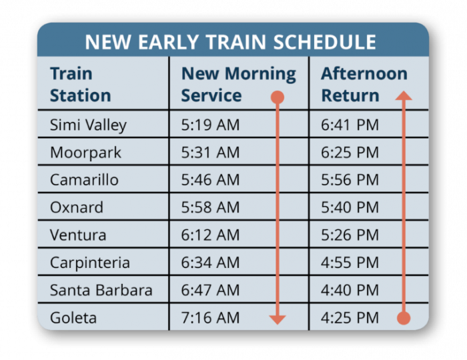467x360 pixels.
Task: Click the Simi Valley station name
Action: point(88,125)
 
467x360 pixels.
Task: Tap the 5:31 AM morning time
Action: point(210,152)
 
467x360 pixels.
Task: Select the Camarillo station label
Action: point(84,180)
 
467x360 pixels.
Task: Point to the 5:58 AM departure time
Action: point(210,207)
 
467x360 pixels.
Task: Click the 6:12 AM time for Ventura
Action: point(210,235)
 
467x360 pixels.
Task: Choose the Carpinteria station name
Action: point(90,263)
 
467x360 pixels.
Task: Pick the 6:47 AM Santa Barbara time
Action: point(210,290)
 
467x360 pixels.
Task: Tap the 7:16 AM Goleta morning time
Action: point(210,318)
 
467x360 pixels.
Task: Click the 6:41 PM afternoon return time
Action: point(350,125)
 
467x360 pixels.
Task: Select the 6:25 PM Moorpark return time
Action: point(350,152)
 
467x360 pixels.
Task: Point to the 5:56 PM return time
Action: point(350,180)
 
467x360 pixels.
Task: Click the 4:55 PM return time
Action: point(350,263)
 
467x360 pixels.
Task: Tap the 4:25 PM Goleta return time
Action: point(350,318)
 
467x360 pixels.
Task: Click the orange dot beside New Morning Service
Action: point(278,97)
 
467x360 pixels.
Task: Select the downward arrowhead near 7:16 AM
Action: point(278,320)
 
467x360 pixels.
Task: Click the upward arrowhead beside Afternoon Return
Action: point(404,95)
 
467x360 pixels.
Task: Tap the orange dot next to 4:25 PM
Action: point(404,318)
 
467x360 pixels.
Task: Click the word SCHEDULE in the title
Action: point(325,42)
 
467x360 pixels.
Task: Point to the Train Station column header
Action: point(81,85)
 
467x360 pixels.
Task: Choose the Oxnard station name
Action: point(77,207)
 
